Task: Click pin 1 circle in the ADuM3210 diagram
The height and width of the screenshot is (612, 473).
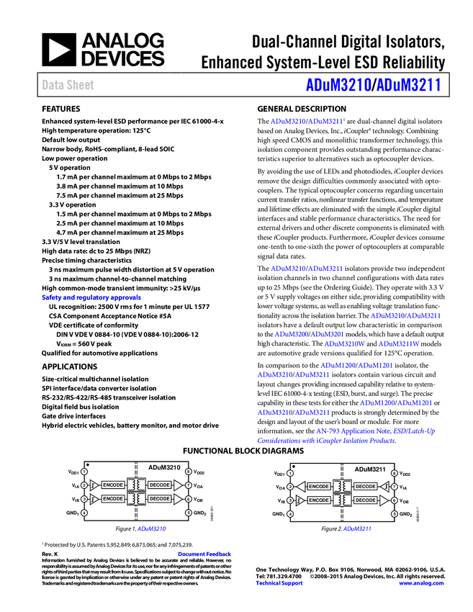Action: (84, 472)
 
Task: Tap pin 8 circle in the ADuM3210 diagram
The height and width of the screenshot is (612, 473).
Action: (188, 472)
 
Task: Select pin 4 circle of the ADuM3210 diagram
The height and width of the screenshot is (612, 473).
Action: (84, 513)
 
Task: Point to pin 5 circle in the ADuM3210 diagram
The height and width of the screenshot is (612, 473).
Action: (188, 513)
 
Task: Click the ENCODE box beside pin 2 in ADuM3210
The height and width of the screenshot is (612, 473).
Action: (113, 485)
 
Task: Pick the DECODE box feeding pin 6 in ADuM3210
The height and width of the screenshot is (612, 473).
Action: (159, 499)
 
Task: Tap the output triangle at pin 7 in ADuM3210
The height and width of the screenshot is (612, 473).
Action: (178, 485)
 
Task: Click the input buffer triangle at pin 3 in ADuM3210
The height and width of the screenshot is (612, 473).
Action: (94, 499)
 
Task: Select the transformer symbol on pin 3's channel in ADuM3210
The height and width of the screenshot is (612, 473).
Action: (136, 499)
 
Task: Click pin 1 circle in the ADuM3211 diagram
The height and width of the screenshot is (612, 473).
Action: (290, 473)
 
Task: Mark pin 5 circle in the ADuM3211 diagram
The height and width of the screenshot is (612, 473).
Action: (394, 514)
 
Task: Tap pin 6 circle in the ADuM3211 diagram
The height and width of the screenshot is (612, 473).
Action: (394, 500)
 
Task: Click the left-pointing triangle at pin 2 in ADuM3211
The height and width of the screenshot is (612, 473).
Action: (301, 487)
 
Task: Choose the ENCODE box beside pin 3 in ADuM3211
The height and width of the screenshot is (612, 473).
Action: (319, 500)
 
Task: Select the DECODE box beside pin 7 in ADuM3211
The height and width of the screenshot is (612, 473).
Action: (366, 487)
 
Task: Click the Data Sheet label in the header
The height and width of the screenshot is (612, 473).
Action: (68, 85)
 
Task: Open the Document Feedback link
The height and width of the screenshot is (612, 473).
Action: (205, 554)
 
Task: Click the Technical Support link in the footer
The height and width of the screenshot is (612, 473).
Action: (279, 583)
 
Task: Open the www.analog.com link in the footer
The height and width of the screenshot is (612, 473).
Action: (421, 583)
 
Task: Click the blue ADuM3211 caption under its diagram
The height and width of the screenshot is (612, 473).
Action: (357, 529)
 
